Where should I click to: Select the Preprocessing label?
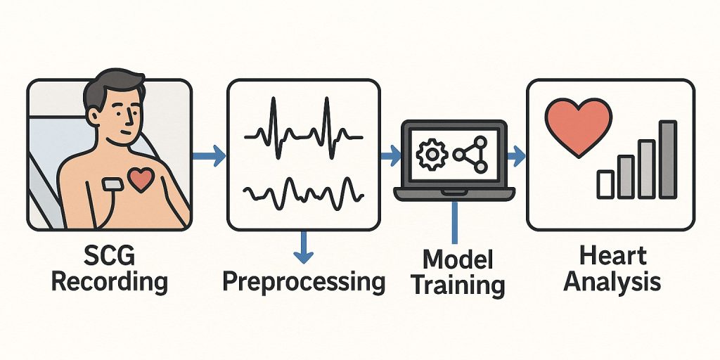pos(304,281)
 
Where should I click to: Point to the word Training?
pos(458,285)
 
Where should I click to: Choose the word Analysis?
pos(612,282)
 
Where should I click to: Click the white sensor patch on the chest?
pos(113,184)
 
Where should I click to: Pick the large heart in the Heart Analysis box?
pos(579,125)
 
